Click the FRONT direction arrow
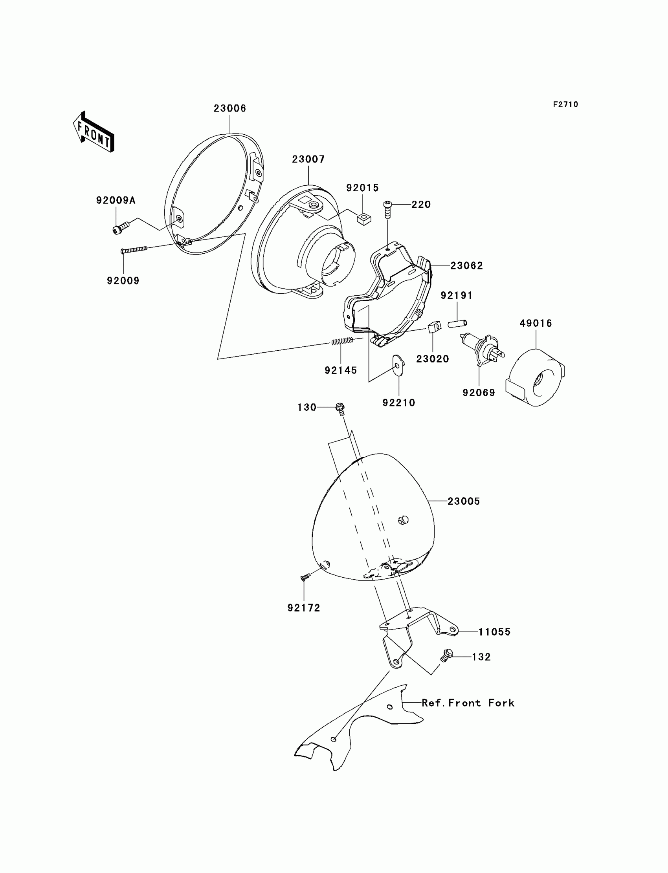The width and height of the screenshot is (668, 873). [94, 132]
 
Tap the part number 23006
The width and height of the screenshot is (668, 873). [230, 108]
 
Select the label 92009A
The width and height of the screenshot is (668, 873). [116, 200]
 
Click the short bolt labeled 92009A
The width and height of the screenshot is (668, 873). [121, 228]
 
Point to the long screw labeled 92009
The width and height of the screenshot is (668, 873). [134, 249]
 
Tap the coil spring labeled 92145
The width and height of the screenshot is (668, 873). [342, 340]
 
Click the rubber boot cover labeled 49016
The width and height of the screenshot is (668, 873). [535, 378]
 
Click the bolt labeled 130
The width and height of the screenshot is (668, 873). [340, 408]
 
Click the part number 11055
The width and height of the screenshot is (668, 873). [494, 632]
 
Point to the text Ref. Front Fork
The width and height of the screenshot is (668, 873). [468, 703]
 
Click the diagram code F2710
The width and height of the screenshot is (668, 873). [565, 104]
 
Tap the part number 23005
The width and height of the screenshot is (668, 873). [464, 501]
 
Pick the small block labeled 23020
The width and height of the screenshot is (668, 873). [434, 327]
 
